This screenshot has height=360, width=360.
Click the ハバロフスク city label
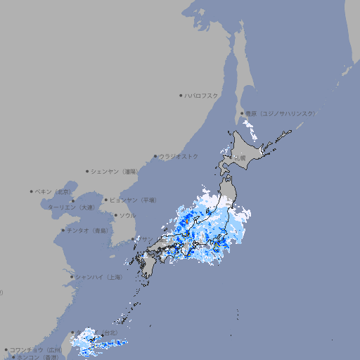coord(202,95)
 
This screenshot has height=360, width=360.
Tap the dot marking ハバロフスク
coord(181,95)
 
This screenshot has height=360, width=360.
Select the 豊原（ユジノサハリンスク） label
coord(279,113)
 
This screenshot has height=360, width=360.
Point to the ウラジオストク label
coord(179,156)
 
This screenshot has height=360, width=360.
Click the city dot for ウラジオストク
coord(155,157)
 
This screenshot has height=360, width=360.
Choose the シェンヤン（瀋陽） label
coord(116,171)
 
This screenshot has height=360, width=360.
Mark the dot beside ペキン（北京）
coord(32,191)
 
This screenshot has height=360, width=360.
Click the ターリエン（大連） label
coord(70,207)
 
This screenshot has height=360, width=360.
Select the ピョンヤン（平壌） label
coord(134,200)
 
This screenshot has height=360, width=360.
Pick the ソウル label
coord(127,215)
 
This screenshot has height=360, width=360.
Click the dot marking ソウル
coord(115,215)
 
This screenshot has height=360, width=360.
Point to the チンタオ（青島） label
coord(87,231)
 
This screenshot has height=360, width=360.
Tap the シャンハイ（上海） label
coord(99,277)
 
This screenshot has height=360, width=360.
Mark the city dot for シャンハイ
coord(71,277)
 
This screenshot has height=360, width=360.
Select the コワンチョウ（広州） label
coord(36,349)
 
